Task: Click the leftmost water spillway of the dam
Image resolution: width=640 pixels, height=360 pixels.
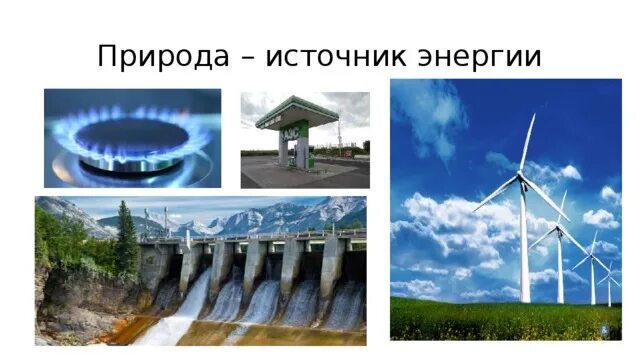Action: click(190, 300)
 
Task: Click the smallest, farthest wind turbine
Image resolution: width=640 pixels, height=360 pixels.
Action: click(609, 280)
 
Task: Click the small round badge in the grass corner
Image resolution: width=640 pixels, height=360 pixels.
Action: click(603, 330)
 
